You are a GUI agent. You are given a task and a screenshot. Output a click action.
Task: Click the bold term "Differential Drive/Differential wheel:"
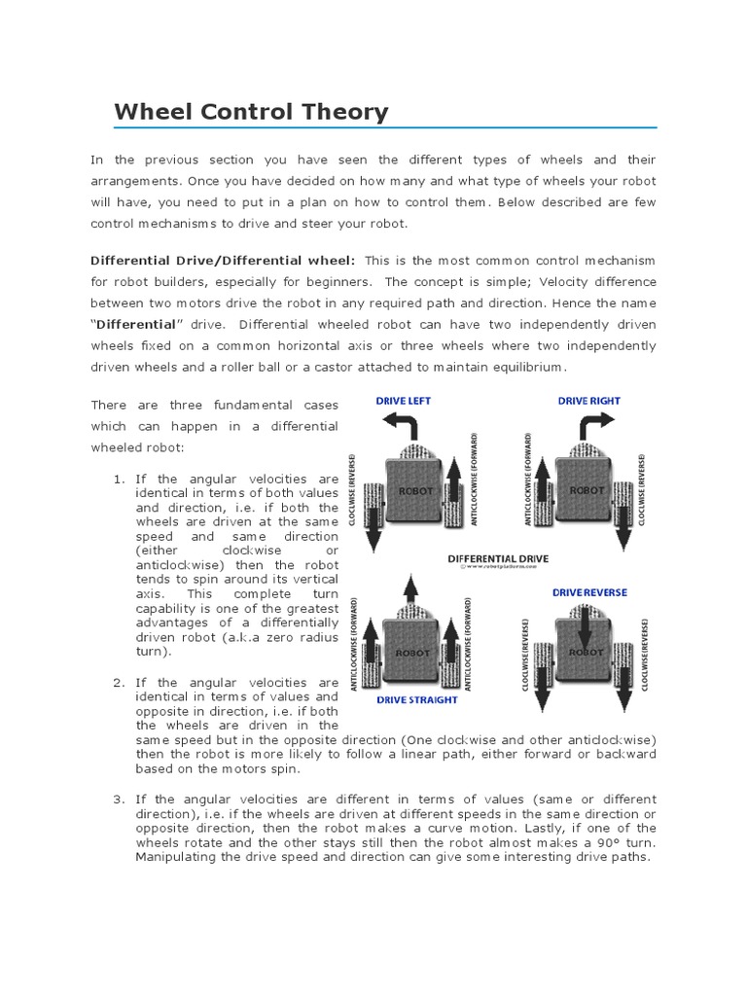[223, 261]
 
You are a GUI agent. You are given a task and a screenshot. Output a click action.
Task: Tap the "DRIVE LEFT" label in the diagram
[404, 401]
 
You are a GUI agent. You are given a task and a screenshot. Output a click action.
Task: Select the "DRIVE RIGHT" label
[588, 401]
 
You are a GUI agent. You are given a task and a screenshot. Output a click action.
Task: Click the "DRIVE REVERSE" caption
[589, 592]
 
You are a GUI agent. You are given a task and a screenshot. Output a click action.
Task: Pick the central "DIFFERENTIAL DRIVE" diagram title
[498, 559]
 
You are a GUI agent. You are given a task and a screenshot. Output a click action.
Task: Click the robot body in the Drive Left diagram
[414, 491]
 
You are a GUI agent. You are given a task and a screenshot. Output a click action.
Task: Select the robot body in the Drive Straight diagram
[414, 652]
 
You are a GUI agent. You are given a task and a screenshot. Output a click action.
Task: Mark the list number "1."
[120, 480]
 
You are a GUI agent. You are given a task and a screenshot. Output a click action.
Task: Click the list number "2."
[120, 683]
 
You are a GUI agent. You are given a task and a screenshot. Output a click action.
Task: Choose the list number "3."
[120, 799]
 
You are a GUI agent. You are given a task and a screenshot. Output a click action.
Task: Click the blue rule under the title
[385, 127]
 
